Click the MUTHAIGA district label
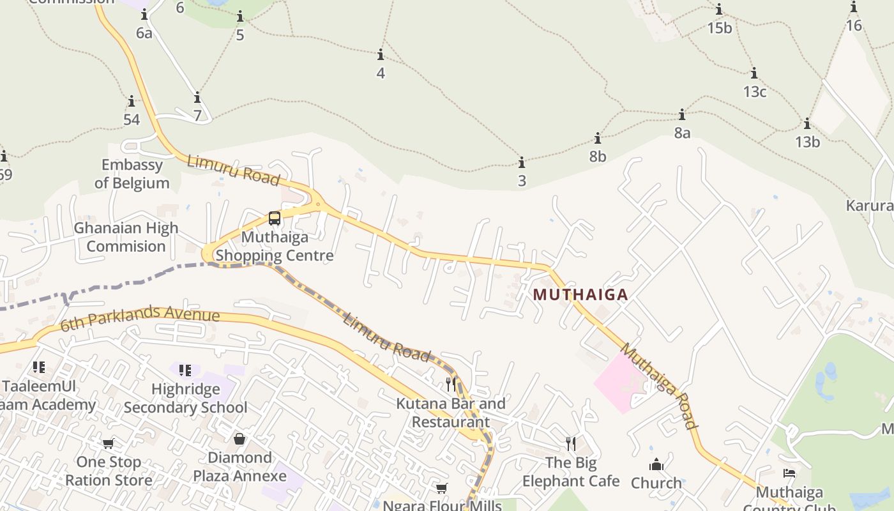coord(580,294)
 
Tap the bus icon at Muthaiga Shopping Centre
coord(275,218)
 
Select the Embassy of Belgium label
coord(132,174)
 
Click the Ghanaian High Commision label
coord(126,237)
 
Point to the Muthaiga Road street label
coord(660,386)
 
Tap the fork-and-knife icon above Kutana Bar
coord(451,384)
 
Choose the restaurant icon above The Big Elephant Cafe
coord(571,443)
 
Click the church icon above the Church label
coord(656,464)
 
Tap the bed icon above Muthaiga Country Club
coord(789,473)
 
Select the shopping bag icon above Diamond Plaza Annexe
coord(239,439)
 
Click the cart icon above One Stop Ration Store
coord(109,443)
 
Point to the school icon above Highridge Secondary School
coord(185,370)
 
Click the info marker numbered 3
coord(522,162)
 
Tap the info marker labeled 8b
coord(598,138)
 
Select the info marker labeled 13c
coord(754,73)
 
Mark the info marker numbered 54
coord(132,101)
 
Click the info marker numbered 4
coord(381,54)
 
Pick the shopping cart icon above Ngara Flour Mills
coord(441,489)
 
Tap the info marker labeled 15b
coord(719,9)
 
